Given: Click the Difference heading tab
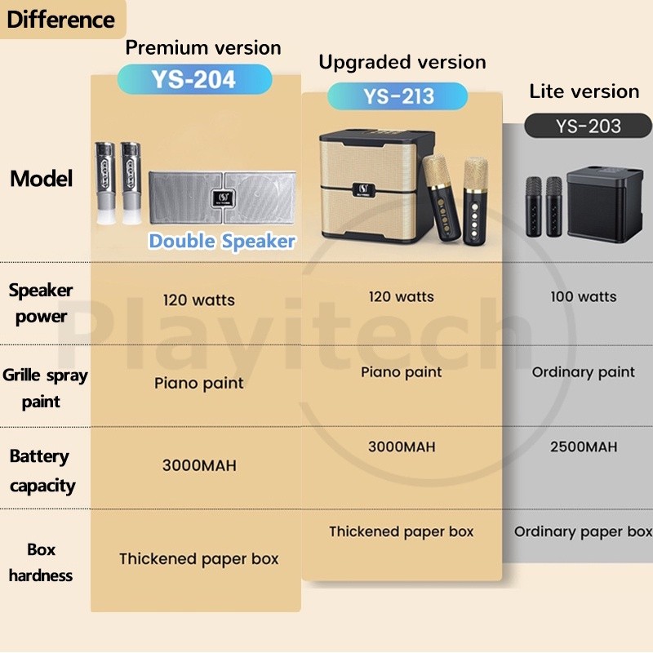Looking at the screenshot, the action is [60, 19].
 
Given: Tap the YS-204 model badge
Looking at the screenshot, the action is [193, 79].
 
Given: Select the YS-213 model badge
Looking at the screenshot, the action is [398, 97].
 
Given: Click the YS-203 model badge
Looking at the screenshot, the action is [588, 126].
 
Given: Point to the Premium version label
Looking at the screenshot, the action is [203, 47].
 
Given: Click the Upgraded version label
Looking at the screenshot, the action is [402, 62].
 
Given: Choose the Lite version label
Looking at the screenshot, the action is [584, 91].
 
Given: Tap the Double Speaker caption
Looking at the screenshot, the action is [221, 241].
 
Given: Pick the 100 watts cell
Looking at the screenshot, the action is [584, 297].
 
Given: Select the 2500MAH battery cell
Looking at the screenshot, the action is [584, 447].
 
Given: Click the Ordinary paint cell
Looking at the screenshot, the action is [584, 372].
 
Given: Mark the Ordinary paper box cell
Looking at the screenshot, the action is [583, 531].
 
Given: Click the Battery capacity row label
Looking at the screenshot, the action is [41, 471].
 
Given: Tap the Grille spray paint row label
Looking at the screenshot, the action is [44, 389].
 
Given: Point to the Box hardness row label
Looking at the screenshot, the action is [41, 562].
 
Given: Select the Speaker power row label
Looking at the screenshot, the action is [41, 303].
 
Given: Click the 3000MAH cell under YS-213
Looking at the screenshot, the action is [402, 447].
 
